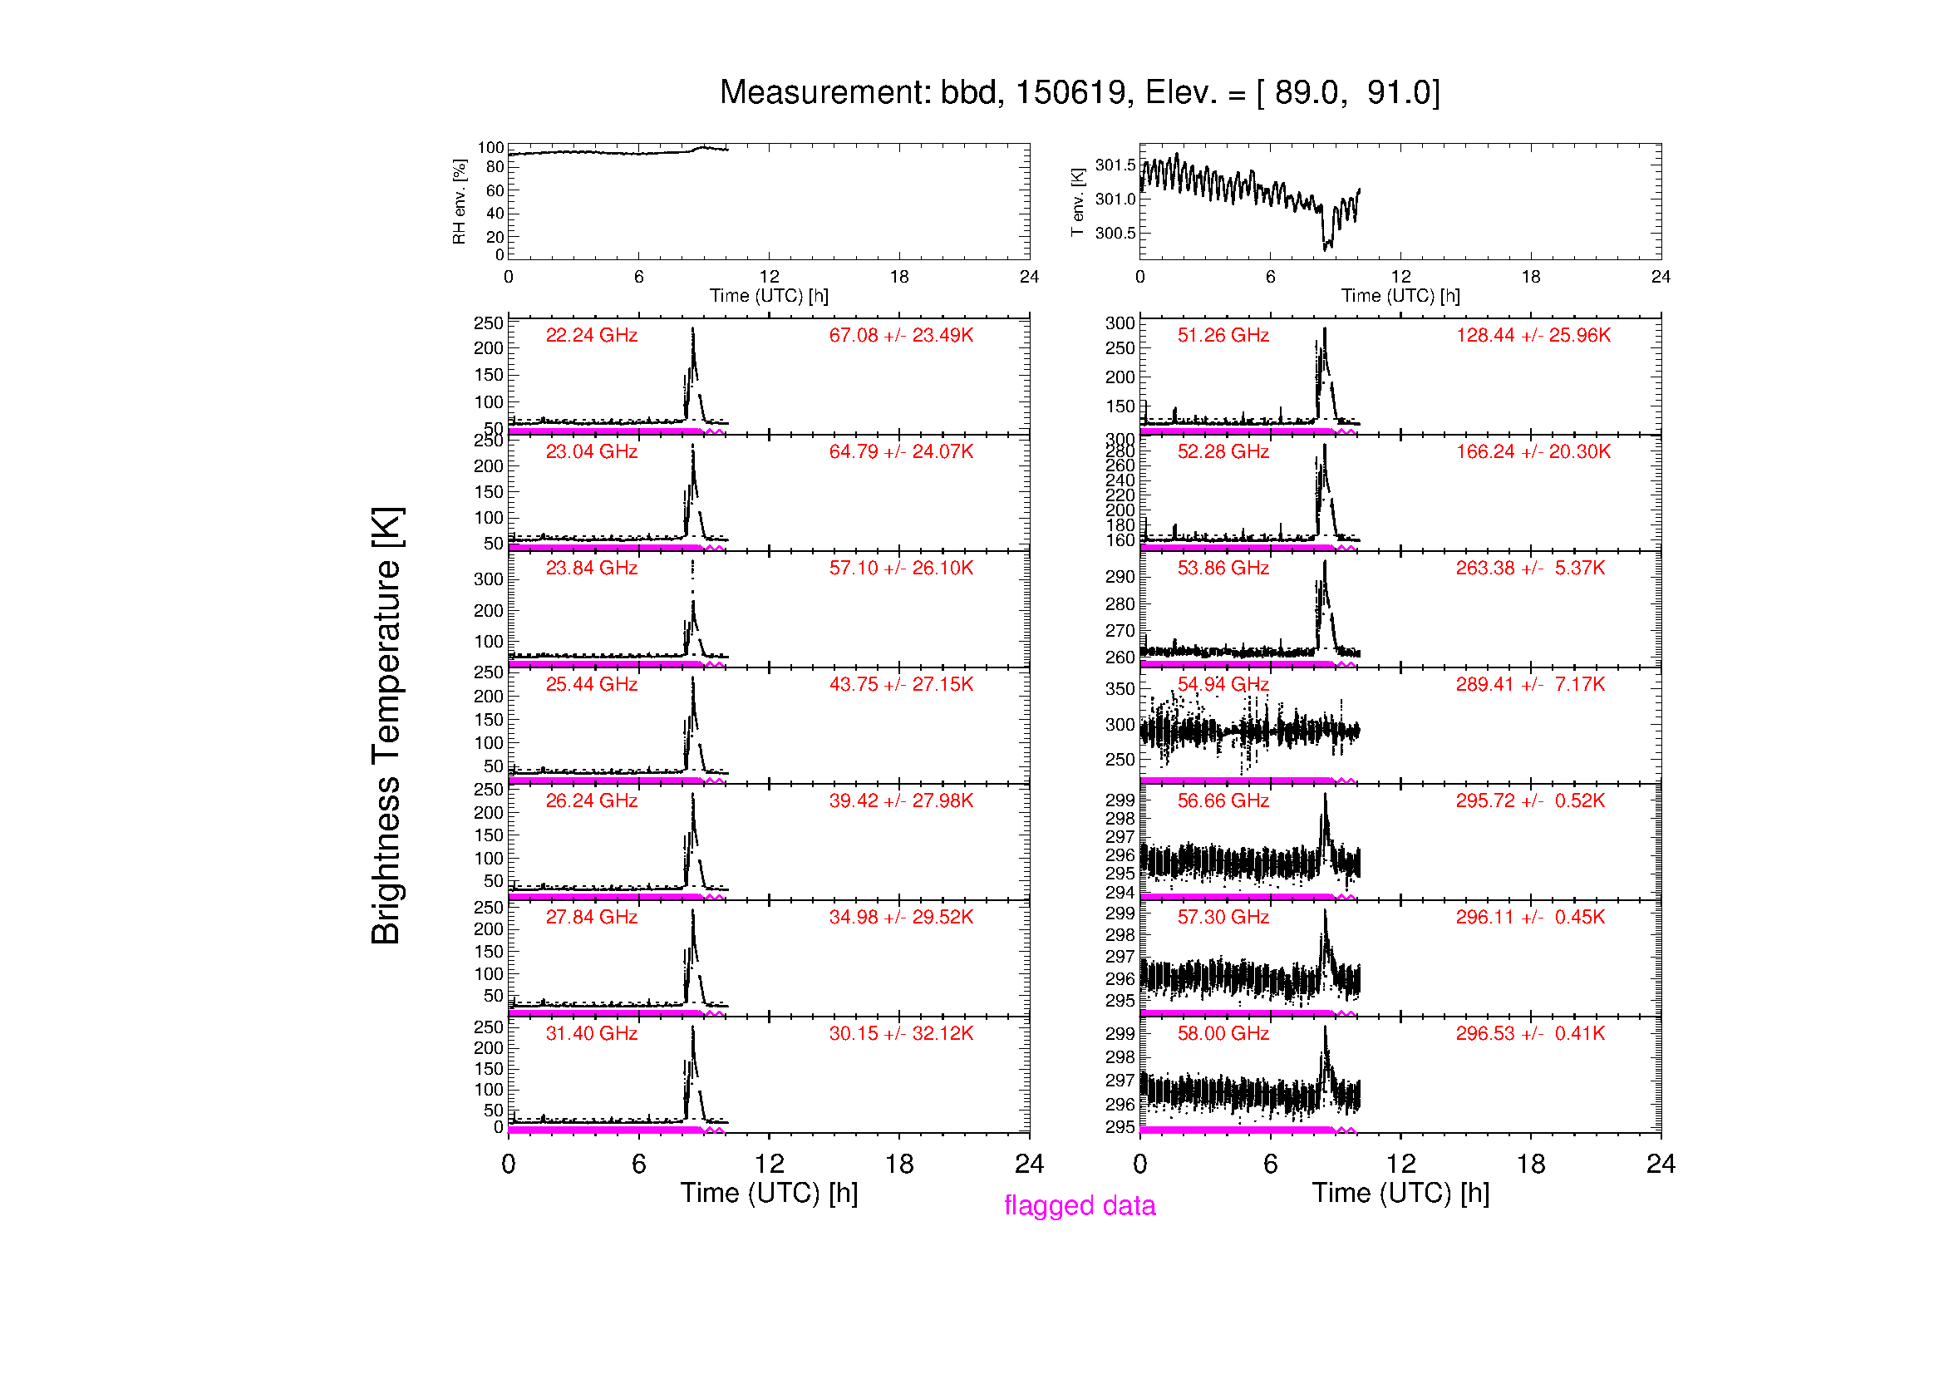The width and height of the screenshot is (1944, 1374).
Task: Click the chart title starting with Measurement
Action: pyautogui.click(x=1080, y=92)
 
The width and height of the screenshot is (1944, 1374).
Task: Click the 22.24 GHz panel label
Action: pyautogui.click(x=591, y=335)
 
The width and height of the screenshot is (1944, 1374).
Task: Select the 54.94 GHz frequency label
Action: pyautogui.click(x=1223, y=684)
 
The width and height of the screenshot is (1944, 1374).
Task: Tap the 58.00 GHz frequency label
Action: pyautogui.click(x=1223, y=1033)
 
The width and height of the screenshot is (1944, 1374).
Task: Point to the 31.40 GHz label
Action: pyautogui.click(x=591, y=1033)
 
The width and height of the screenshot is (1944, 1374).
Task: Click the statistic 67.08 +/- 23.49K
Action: pyautogui.click(x=901, y=335)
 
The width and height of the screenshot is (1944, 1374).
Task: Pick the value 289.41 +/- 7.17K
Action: pyautogui.click(x=1530, y=684)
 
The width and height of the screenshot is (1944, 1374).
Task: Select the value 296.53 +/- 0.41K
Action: pyautogui.click(x=1530, y=1033)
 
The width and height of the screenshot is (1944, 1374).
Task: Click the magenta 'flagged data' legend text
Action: pyautogui.click(x=1080, y=1204)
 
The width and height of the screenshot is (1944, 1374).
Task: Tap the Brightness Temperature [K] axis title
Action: pyautogui.click(x=386, y=726)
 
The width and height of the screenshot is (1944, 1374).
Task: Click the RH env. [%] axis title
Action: pyautogui.click(x=459, y=201)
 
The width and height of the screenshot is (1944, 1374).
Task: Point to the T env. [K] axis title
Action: pyautogui.click(x=1077, y=202)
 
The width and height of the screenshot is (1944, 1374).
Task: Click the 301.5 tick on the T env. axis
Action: pyautogui.click(x=1115, y=165)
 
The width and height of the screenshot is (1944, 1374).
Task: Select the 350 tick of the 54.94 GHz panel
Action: pyautogui.click(x=1120, y=689)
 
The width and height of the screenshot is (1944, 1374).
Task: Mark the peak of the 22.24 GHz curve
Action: pyautogui.click(x=692, y=328)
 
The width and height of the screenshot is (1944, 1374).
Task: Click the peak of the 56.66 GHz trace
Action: pyautogui.click(x=1325, y=794)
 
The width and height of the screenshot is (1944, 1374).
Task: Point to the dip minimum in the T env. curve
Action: pyautogui.click(x=1326, y=249)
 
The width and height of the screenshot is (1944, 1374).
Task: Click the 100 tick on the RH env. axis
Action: pyautogui.click(x=490, y=147)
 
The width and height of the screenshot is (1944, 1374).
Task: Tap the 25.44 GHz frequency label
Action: pyautogui.click(x=591, y=684)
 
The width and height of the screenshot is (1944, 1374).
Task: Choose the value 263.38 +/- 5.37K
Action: pyautogui.click(x=1530, y=568)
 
